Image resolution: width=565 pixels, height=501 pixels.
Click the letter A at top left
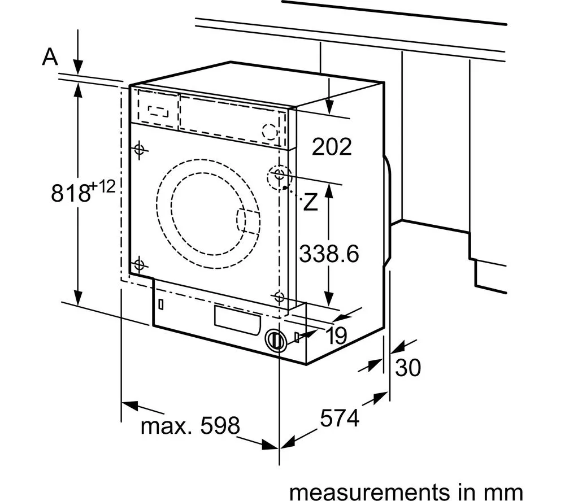[x=51, y=58]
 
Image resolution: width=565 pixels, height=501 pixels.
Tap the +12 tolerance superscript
[x=104, y=187]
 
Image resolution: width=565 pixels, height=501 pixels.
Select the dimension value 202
[x=332, y=147]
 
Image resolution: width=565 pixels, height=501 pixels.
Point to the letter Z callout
[x=310, y=202]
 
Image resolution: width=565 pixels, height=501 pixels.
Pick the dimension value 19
[x=336, y=336]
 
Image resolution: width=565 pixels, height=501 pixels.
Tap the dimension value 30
[x=408, y=368]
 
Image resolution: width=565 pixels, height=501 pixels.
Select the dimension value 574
[x=340, y=419]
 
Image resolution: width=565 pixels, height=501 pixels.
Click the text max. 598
[x=190, y=425]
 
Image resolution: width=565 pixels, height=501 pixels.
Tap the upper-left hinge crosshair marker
[x=139, y=149]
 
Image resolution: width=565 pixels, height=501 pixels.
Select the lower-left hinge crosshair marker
[x=139, y=264]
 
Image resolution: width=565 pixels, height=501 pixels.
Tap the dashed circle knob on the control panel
[x=271, y=131]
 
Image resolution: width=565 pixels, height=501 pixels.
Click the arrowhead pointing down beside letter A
[x=78, y=65]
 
